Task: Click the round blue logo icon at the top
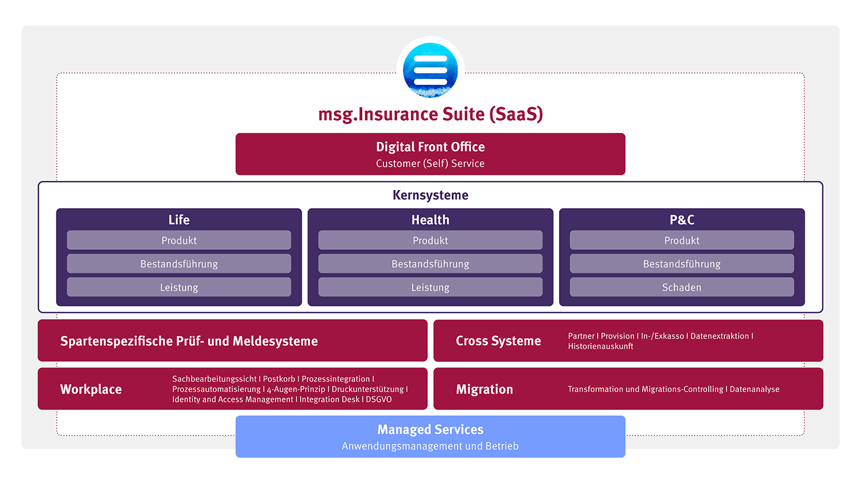pyautogui.click(x=431, y=70)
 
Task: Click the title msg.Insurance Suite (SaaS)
pyautogui.click(x=431, y=114)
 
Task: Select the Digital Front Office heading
pyautogui.click(x=431, y=147)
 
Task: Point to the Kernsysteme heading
pyautogui.click(x=431, y=195)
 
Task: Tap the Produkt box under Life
pyautogui.click(x=179, y=240)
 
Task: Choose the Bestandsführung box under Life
pyautogui.click(x=179, y=264)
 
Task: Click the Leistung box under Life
pyautogui.click(x=179, y=288)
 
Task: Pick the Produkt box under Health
pyautogui.click(x=431, y=240)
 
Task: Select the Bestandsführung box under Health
pyautogui.click(x=431, y=264)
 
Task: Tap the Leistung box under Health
pyautogui.click(x=431, y=288)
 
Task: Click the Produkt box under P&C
pyautogui.click(x=682, y=240)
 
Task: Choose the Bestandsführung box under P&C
pyautogui.click(x=682, y=264)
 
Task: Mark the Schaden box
pyautogui.click(x=682, y=288)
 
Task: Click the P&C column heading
pyautogui.click(x=682, y=220)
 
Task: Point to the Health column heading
pyautogui.click(x=431, y=220)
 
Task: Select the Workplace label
pyautogui.click(x=91, y=389)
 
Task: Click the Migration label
pyautogui.click(x=484, y=389)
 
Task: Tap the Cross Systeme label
pyautogui.click(x=498, y=341)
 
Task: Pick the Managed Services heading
pyautogui.click(x=431, y=430)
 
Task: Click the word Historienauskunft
pyautogui.click(x=600, y=346)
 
